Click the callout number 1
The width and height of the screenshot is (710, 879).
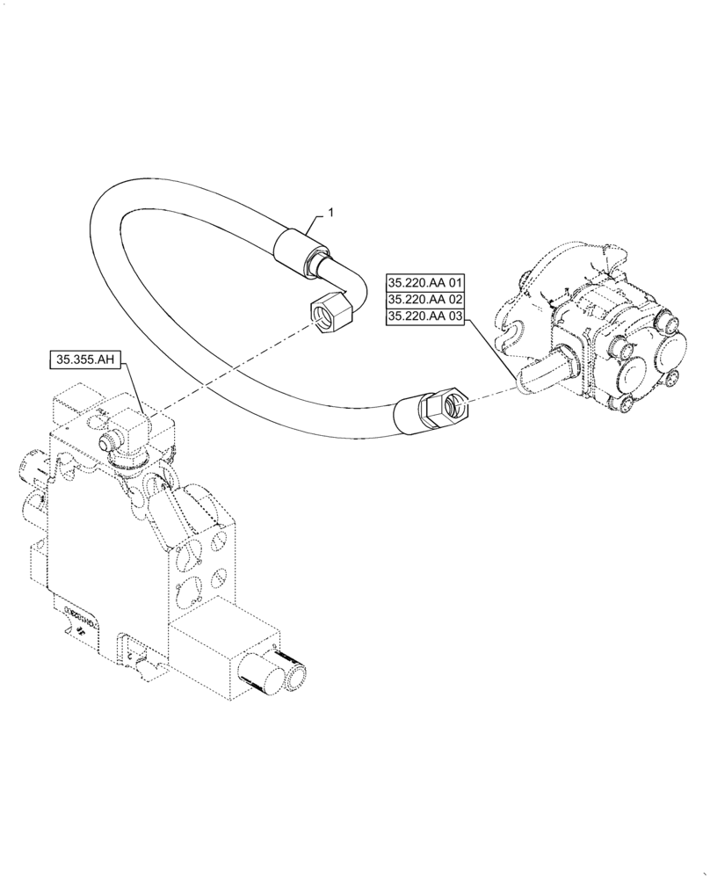click(x=330, y=212)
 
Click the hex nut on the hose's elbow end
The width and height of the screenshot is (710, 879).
click(x=330, y=311)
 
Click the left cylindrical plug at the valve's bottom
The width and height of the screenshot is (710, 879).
click(x=264, y=685)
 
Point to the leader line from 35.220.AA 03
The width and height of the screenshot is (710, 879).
click(x=492, y=352)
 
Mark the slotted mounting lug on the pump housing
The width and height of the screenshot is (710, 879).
click(x=514, y=331)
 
